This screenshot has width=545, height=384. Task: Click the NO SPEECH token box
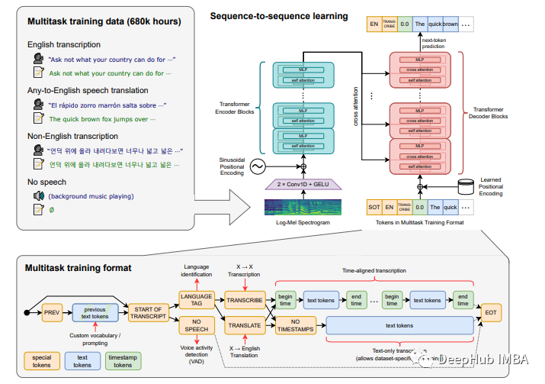197,326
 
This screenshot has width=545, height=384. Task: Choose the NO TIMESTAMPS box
297,326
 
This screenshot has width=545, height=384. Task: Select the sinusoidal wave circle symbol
256,166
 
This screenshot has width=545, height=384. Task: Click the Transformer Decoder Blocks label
488,114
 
